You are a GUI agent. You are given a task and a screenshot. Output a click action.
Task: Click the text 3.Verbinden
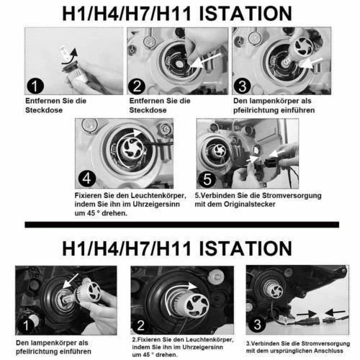[x=266, y=343]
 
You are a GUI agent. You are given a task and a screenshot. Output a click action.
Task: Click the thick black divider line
[x=180, y=225]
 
